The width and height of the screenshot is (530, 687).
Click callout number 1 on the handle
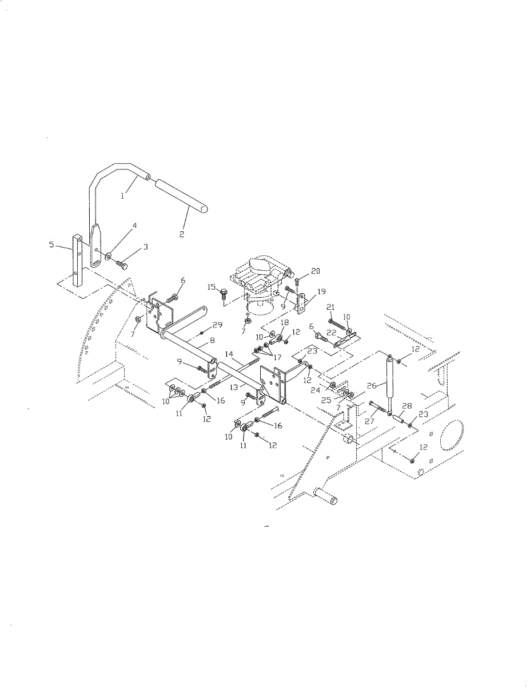pos(122,196)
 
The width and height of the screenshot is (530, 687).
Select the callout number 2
pos(182,235)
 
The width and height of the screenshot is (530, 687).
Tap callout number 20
pos(316,271)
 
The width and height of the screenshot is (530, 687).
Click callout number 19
pos(313,291)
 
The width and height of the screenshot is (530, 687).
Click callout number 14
pos(229,354)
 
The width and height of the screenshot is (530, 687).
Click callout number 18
pos(285,323)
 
